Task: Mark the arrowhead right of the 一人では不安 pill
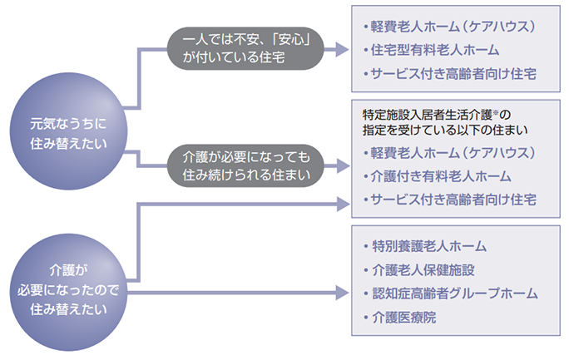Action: [340, 51]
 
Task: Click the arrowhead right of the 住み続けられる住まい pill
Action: [340, 165]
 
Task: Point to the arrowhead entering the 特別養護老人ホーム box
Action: [340, 292]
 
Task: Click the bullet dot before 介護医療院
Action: [366, 318]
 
